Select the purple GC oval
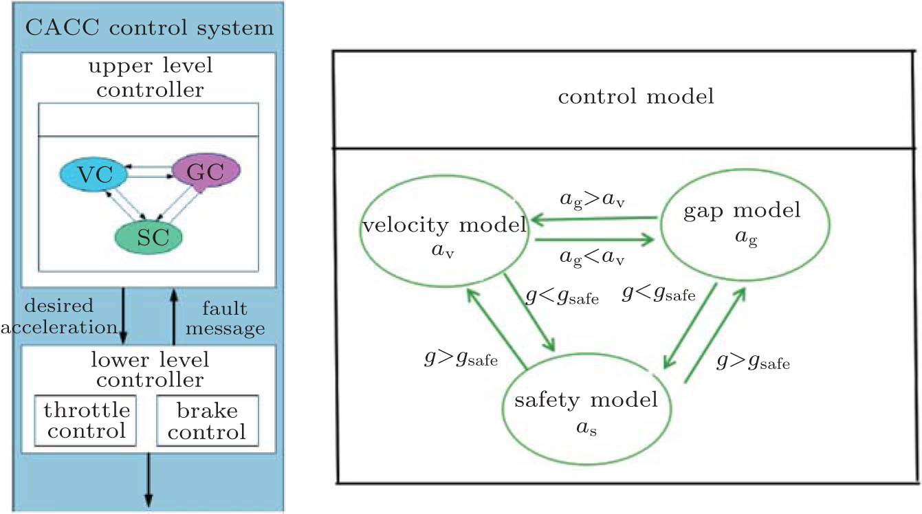206,172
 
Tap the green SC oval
149,237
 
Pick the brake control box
207,421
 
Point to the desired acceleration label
58,316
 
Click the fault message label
226,319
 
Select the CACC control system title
149,28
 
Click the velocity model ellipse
443,230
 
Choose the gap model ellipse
742,219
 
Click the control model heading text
635,97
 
